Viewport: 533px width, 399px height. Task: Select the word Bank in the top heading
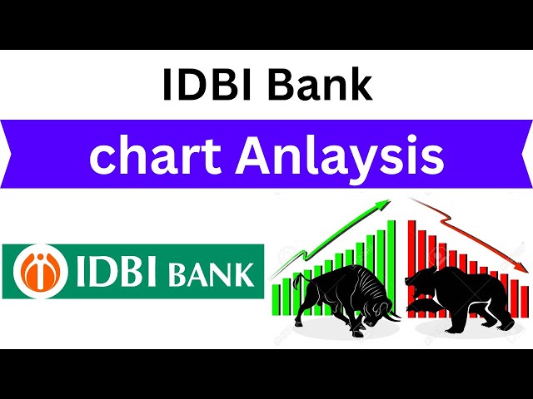[x=321, y=86]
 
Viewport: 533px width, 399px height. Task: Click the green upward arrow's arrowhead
[x=386, y=204]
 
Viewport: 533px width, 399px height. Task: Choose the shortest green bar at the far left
[x=276, y=299]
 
